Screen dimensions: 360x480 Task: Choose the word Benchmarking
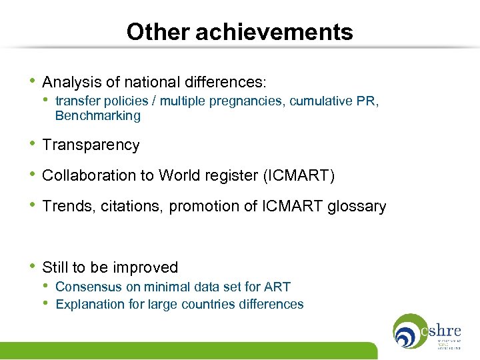pyautogui.click(x=98, y=116)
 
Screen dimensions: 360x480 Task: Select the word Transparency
pyautogui.click(x=91, y=145)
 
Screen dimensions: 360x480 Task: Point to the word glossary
pyautogui.click(x=357, y=207)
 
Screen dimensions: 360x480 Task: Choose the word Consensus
pyautogui.click(x=88, y=287)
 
